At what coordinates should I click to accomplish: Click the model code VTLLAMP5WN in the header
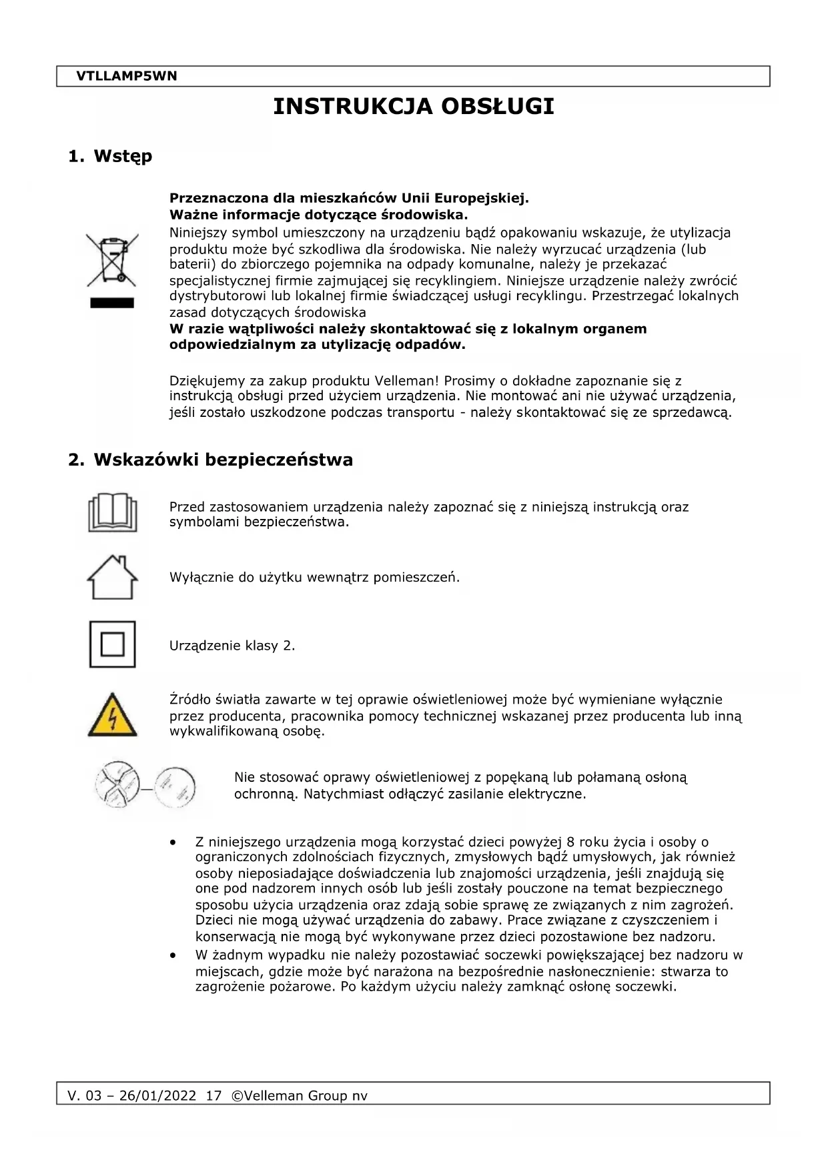point(127,76)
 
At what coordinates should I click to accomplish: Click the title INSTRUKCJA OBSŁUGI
point(414,107)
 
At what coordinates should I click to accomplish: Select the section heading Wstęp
point(123,156)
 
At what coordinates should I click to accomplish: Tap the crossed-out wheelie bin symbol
point(112,259)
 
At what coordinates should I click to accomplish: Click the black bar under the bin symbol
point(112,304)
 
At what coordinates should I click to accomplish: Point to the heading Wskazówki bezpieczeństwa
point(223,460)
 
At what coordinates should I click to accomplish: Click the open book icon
point(112,512)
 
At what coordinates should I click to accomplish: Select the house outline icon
point(112,577)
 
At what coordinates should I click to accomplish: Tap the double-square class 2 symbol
point(112,644)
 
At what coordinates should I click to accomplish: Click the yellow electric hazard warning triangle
point(112,716)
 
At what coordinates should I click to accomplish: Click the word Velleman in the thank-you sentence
point(407,381)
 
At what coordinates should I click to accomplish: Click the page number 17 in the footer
point(214,1096)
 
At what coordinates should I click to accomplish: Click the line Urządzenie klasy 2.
point(232,646)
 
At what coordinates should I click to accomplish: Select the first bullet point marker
point(175,843)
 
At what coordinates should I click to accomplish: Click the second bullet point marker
point(175,956)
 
